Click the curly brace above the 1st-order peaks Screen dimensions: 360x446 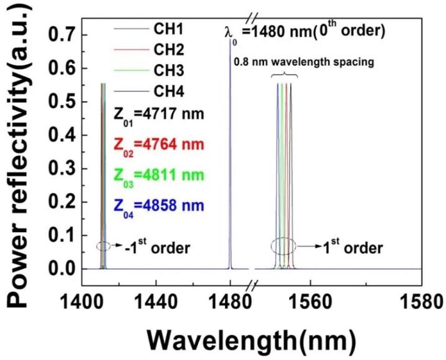[x=285, y=75]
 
